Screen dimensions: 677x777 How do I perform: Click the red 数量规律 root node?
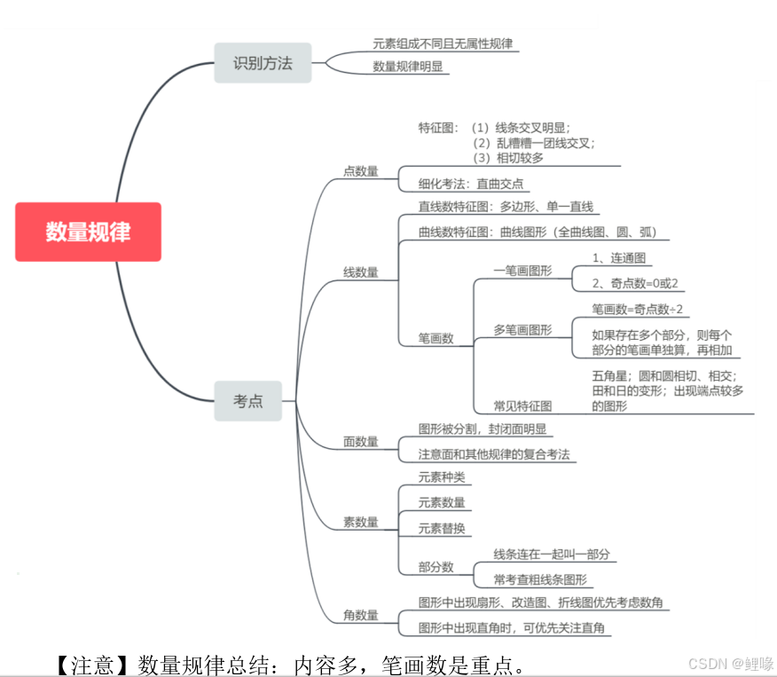[x=88, y=232]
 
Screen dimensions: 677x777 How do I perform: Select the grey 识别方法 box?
[x=263, y=63]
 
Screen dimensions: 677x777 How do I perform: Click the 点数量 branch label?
[x=361, y=171]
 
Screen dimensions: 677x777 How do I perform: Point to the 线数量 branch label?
[x=361, y=272]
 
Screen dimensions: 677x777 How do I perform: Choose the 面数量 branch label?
[x=361, y=441]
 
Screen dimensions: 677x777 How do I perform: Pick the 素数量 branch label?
[x=361, y=522]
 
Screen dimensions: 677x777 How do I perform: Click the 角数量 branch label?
[x=361, y=615]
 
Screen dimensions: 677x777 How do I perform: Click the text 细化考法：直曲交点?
[x=471, y=185]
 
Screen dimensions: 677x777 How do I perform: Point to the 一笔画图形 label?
[x=522, y=271]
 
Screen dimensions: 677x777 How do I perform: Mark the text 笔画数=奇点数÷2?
[x=638, y=309]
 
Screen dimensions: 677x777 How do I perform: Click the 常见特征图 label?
[x=522, y=405]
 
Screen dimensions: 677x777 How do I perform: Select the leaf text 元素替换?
[x=442, y=528]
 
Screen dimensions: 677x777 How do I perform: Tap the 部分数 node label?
[x=436, y=567]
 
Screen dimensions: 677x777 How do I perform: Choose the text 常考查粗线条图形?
[x=540, y=579]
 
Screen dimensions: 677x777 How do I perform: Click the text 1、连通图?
[x=619, y=258]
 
